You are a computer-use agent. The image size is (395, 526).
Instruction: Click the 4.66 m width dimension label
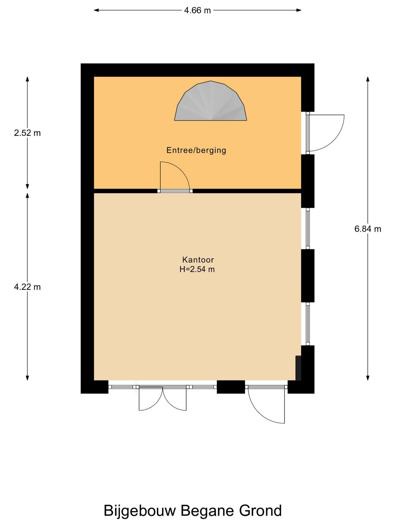tap(197, 10)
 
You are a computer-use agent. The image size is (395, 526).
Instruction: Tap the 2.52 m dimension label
tap(27, 133)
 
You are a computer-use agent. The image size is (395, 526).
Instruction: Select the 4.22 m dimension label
tap(27, 287)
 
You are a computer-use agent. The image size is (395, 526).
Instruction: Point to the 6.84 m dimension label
tap(368, 229)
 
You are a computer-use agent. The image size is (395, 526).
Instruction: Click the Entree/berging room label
tap(196, 150)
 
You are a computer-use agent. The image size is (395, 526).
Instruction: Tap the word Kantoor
tap(198, 259)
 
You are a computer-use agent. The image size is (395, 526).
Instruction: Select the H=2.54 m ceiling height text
tap(197, 269)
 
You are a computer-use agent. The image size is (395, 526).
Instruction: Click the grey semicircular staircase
tap(211, 101)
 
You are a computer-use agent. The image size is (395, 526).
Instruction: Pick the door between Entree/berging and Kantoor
tap(175, 177)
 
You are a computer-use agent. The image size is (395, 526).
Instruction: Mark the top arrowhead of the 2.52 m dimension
tap(27, 79)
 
